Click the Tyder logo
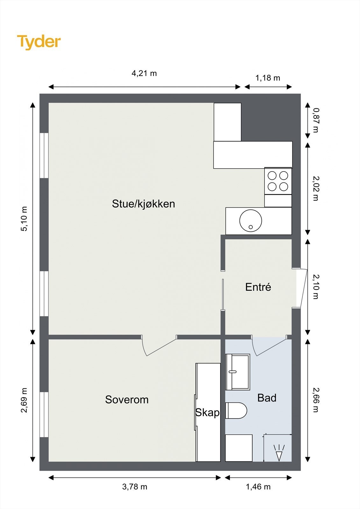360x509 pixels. point(39,42)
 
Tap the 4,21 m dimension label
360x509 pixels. point(144,73)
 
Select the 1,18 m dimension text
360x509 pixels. point(268,78)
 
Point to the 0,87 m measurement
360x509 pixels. point(316,120)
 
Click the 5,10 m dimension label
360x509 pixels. point(24,219)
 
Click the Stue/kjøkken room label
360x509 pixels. point(144,204)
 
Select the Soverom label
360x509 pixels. point(127,400)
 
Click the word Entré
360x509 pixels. point(258,287)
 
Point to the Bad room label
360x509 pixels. point(267,398)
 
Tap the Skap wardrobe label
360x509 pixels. point(208,412)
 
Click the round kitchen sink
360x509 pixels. point(251,220)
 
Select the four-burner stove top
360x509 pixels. point(278,181)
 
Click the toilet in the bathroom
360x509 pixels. point(236,411)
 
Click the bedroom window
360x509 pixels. point(44,415)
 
